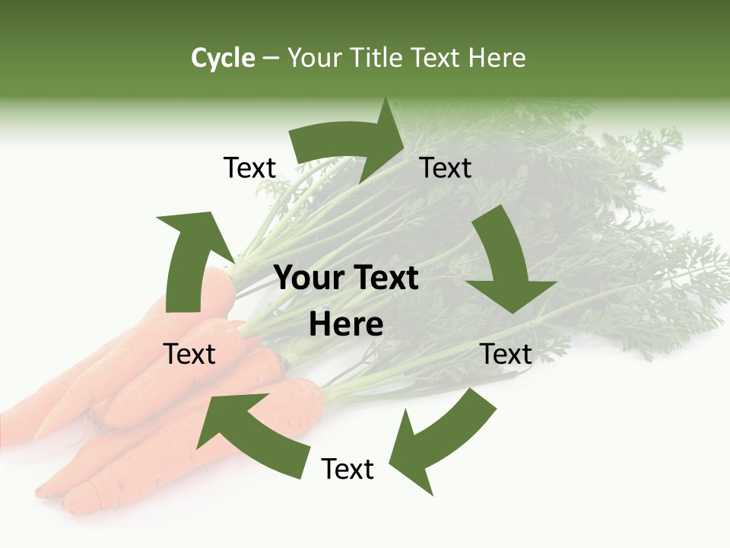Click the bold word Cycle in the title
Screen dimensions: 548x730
pyautogui.click(x=223, y=58)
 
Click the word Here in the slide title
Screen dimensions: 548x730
pyautogui.click(x=497, y=58)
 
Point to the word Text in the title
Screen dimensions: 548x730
pyautogui.click(x=436, y=58)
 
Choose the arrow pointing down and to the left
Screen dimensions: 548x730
pyautogui.click(x=441, y=438)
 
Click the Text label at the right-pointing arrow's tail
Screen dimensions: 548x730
pyautogui.click(x=249, y=168)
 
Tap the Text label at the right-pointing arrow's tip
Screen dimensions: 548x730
pyautogui.click(x=446, y=168)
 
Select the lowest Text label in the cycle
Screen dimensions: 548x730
pyautogui.click(x=348, y=470)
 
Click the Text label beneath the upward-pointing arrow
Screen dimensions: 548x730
pyautogui.click(x=189, y=354)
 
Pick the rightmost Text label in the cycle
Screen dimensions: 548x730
pyautogui.click(x=506, y=354)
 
